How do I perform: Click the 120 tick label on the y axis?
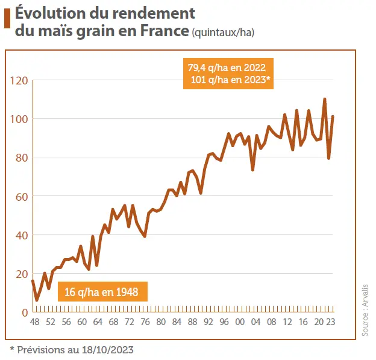pyautogui.click(x=19, y=80)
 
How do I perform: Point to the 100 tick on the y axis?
pyautogui.click(x=19, y=119)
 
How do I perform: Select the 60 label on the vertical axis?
pyautogui.click(x=22, y=196)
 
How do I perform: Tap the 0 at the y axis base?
pyautogui.click(x=25, y=312)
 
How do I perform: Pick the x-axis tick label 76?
pyautogui.click(x=145, y=322)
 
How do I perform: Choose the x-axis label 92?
pyautogui.click(x=208, y=322)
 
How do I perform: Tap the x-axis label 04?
pyautogui.click(x=255, y=322)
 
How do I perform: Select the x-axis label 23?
pyautogui.click(x=331, y=322)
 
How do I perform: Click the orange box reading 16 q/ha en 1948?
pyautogui.click(x=102, y=293)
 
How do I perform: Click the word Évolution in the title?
pyautogui.click(x=57, y=13)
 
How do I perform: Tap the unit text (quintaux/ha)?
pyautogui.click(x=222, y=32)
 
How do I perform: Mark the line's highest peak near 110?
pyautogui.click(x=325, y=99)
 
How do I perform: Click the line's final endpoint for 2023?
pyautogui.click(x=333, y=116)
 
